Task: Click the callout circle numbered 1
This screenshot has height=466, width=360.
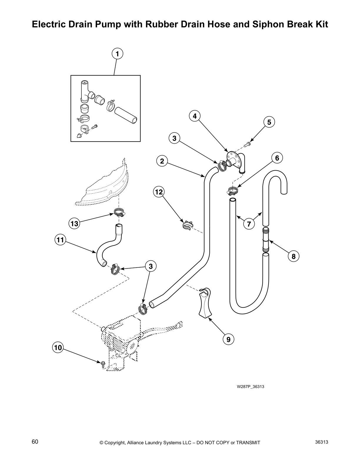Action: pyautogui.click(x=117, y=54)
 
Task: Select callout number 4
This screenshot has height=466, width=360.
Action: pyautogui.click(x=195, y=116)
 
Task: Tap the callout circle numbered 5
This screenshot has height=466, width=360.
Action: pyautogui.click(x=269, y=122)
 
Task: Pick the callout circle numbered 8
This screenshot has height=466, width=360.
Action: pyautogui.click(x=294, y=256)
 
